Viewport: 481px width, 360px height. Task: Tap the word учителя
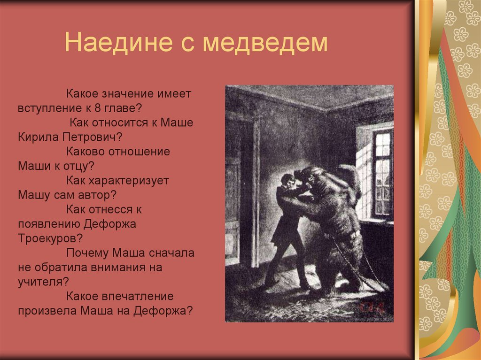click(40, 282)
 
